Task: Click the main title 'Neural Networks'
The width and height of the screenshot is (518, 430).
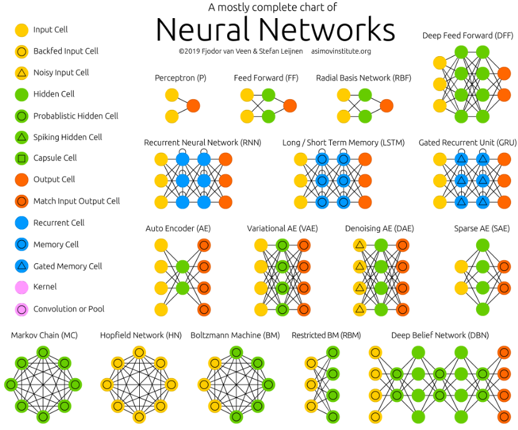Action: point(275,29)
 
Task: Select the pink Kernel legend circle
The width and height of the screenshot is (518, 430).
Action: point(21,287)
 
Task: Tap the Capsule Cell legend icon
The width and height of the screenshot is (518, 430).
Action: point(21,159)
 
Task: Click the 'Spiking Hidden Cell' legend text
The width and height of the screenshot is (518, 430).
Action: point(67,137)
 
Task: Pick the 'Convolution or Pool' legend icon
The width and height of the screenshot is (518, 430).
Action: point(21,309)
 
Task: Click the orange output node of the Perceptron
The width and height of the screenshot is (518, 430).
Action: point(193,105)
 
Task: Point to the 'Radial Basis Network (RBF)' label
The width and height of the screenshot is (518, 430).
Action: point(363,78)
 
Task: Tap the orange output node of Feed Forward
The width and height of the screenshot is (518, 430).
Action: point(290,105)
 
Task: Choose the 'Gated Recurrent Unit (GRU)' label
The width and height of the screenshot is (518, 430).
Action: point(467,143)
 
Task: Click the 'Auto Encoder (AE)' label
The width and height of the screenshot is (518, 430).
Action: point(178,228)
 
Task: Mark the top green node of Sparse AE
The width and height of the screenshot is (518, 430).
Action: point(482,245)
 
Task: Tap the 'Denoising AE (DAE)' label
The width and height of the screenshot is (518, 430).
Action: point(379,228)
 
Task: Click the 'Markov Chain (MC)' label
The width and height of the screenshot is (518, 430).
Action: point(44,336)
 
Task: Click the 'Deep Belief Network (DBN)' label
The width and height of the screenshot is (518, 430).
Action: point(440,336)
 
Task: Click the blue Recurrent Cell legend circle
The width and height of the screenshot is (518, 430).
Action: point(21,223)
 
